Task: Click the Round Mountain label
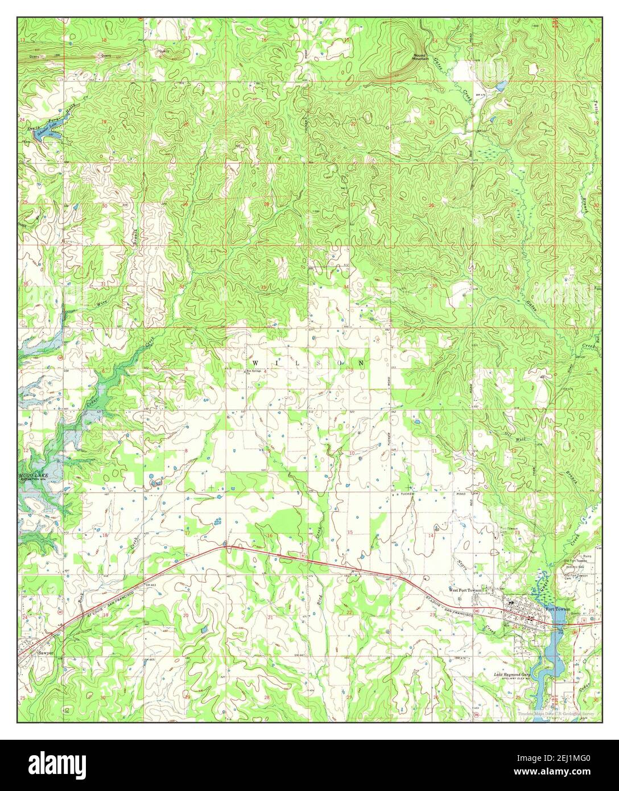tap(420, 57)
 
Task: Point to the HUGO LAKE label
tap(32, 474)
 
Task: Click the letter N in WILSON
tap(361, 362)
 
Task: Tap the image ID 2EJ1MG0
tap(576, 760)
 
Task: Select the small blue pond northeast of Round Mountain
tap(500, 86)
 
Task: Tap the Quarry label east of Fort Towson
tap(576, 613)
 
